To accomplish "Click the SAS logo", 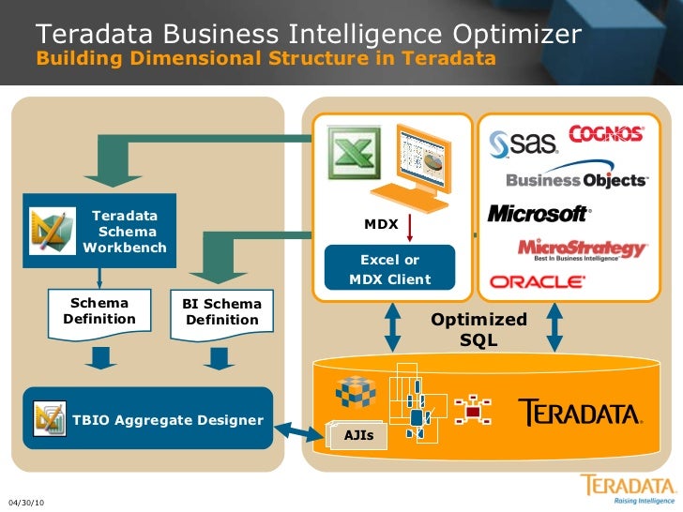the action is coord(524,142).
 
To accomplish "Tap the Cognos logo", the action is coord(605,133).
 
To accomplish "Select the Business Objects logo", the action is coord(576,179).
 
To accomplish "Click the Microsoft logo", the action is coord(539,214).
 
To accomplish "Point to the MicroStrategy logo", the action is coord(582,249).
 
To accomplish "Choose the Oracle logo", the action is coord(538,281).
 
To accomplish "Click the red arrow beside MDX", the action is coord(410,228).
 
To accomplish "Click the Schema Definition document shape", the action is coord(99,312).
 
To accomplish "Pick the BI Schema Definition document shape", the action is coord(221,313).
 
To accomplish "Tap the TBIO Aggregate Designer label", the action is coord(168,419).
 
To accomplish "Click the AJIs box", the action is coord(357,435).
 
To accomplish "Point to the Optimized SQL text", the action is coord(478,329).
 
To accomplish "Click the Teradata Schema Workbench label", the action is coord(125,232).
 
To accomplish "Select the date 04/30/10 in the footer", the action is coord(25,504).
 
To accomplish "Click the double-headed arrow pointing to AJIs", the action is coord(300,429).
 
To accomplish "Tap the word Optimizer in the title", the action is coord(518,35).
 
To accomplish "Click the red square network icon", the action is coord(473,411).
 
